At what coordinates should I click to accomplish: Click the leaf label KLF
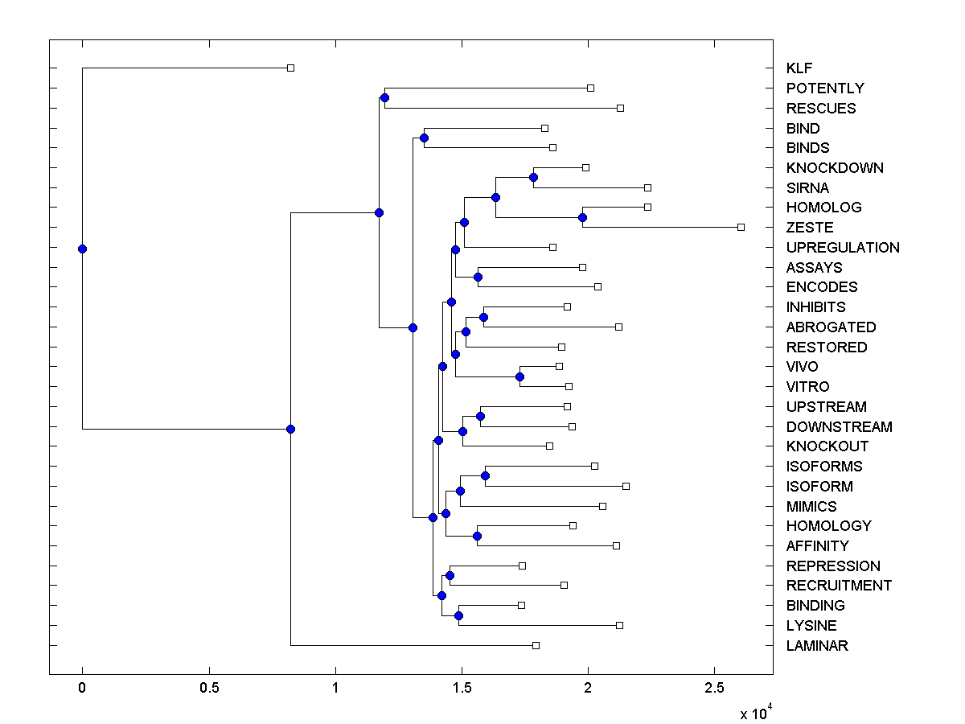click(801, 68)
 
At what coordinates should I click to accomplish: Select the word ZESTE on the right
click(810, 228)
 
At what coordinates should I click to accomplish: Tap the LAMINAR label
click(817, 646)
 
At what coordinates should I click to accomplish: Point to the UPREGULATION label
click(843, 248)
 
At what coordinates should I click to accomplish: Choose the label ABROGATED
click(831, 327)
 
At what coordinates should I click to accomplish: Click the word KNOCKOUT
click(827, 446)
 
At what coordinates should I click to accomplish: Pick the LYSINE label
click(811, 626)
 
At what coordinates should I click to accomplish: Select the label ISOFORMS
click(824, 467)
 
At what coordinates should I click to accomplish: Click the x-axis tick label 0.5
click(209, 689)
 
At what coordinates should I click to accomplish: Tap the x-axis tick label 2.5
click(714, 689)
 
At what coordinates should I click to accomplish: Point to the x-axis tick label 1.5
click(462, 689)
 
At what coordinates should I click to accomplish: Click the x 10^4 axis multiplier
click(756, 712)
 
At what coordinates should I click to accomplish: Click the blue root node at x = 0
click(82, 249)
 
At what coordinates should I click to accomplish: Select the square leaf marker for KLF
click(291, 68)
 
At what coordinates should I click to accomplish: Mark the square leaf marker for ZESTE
click(741, 227)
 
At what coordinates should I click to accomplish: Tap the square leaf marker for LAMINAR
click(536, 645)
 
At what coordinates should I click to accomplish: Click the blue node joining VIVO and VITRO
click(520, 376)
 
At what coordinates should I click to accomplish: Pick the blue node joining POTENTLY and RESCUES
click(384, 97)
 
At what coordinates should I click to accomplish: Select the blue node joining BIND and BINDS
click(424, 138)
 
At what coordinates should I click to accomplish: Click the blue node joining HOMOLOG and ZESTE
click(582, 217)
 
